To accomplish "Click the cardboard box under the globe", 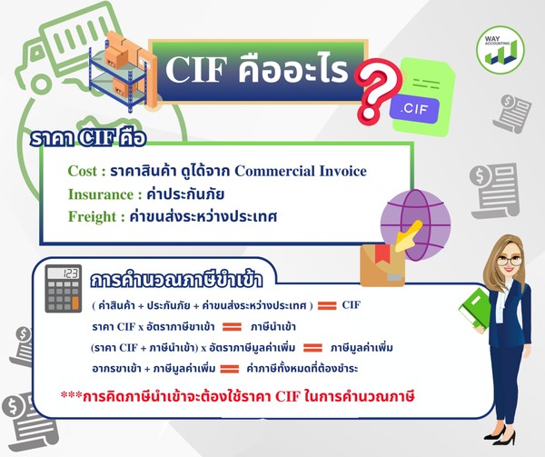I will [x=381, y=263].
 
